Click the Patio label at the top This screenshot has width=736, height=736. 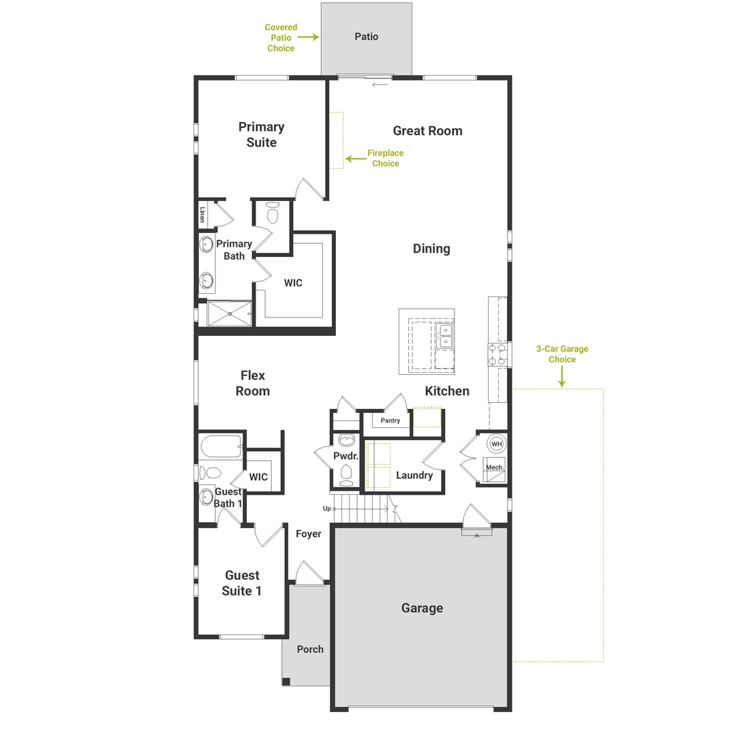point(366,36)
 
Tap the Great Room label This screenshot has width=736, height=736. point(427,131)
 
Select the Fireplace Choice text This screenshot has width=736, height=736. point(385,159)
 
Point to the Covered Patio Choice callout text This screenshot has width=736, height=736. point(281,38)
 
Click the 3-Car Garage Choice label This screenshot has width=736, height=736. point(562,354)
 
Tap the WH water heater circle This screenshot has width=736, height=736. point(497,444)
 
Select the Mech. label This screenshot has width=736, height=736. point(493,467)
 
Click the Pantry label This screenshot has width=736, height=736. point(390,421)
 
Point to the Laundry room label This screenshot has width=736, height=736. point(414,475)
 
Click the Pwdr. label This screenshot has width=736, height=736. point(341,455)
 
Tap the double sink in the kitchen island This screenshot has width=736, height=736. point(444,335)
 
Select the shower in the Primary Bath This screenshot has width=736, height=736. point(230,313)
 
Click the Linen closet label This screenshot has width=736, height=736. point(202,215)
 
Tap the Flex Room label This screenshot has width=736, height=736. point(253,383)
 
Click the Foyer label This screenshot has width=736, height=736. point(308,534)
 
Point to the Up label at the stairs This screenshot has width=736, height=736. point(327,509)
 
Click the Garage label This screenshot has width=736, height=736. point(422,608)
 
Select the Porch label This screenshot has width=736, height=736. point(310,649)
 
